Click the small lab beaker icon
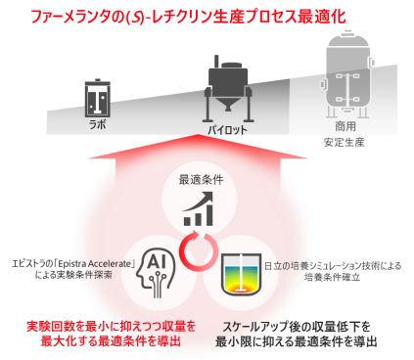(x=95, y=98)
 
